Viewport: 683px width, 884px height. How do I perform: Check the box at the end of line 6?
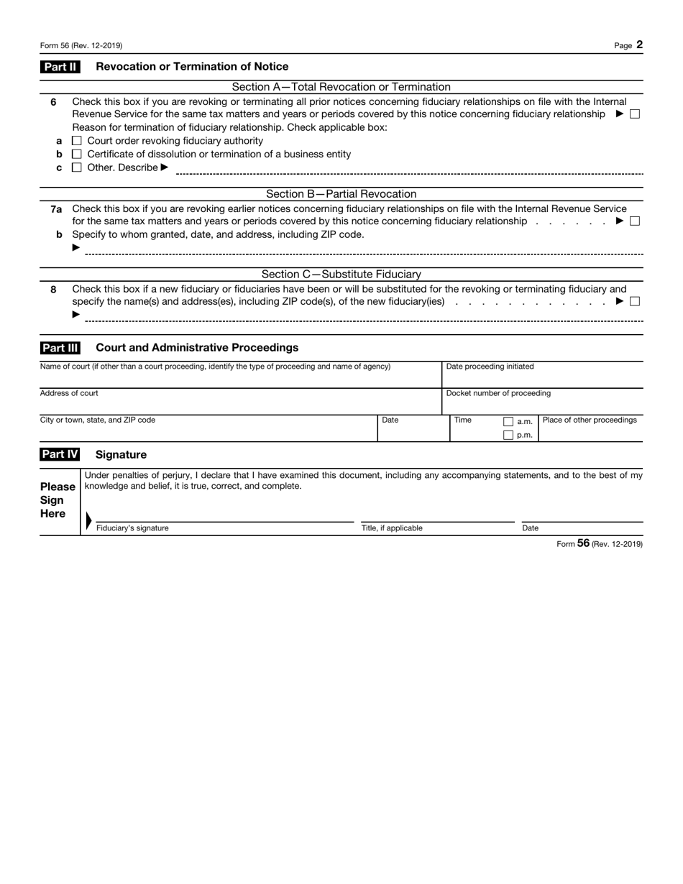click(x=635, y=114)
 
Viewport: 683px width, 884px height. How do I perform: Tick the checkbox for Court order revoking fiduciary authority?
click(x=78, y=141)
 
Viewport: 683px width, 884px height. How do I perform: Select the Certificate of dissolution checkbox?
click(x=78, y=155)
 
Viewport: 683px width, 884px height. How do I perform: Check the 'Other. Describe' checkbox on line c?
click(x=78, y=168)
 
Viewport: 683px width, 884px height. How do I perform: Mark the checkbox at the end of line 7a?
click(x=635, y=221)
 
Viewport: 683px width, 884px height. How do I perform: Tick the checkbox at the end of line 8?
click(x=635, y=302)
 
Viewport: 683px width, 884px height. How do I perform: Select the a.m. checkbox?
click(x=508, y=422)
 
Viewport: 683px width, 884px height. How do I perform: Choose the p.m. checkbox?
click(x=508, y=435)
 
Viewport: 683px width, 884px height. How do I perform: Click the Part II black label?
click(x=60, y=67)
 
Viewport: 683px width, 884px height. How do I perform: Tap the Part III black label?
click(x=60, y=348)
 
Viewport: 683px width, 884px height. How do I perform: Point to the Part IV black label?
click(x=60, y=455)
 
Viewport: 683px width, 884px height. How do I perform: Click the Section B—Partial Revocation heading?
click(x=341, y=194)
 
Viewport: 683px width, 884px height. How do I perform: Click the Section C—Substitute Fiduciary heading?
click(x=341, y=275)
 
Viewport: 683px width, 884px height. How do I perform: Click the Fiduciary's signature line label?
click(x=132, y=528)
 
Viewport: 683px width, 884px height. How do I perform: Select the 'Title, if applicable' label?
click(x=392, y=528)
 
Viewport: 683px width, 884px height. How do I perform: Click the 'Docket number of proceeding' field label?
click(x=498, y=393)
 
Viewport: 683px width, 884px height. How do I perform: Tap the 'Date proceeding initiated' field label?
click(x=490, y=367)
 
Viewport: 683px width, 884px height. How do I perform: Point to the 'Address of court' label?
click(x=69, y=393)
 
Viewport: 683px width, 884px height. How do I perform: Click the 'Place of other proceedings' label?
click(x=590, y=420)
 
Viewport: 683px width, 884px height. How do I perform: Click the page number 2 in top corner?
click(x=639, y=45)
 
